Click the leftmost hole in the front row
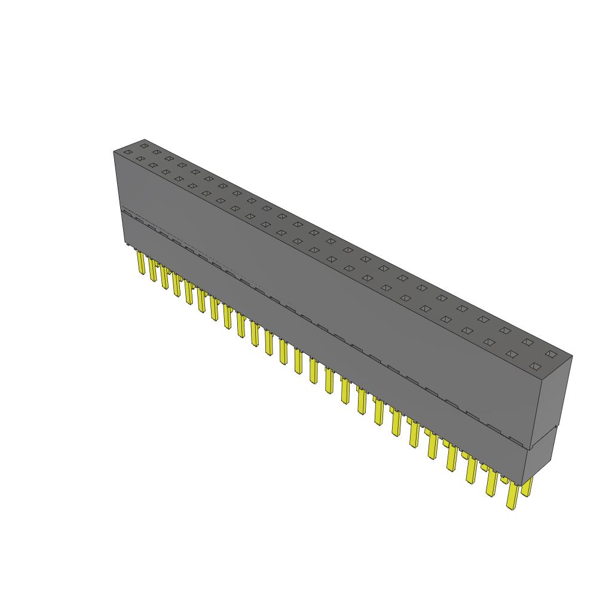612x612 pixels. (127, 152)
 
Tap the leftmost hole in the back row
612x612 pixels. (143, 145)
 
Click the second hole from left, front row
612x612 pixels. (140, 158)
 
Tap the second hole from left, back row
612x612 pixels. (156, 152)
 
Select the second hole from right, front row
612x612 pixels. (512, 354)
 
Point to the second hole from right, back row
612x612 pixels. (528, 342)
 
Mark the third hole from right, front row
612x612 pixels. (489, 342)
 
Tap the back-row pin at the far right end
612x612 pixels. (527, 486)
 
